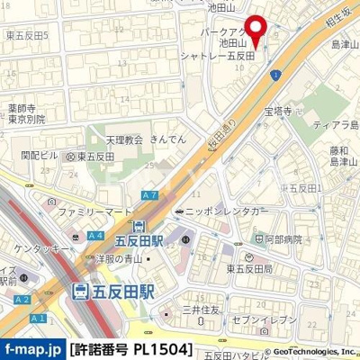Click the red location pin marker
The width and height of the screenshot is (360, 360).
click(256, 28)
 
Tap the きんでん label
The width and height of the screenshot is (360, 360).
click(168, 140)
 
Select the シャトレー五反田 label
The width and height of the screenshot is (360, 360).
click(237, 56)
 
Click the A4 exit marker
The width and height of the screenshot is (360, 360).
click(95, 236)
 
